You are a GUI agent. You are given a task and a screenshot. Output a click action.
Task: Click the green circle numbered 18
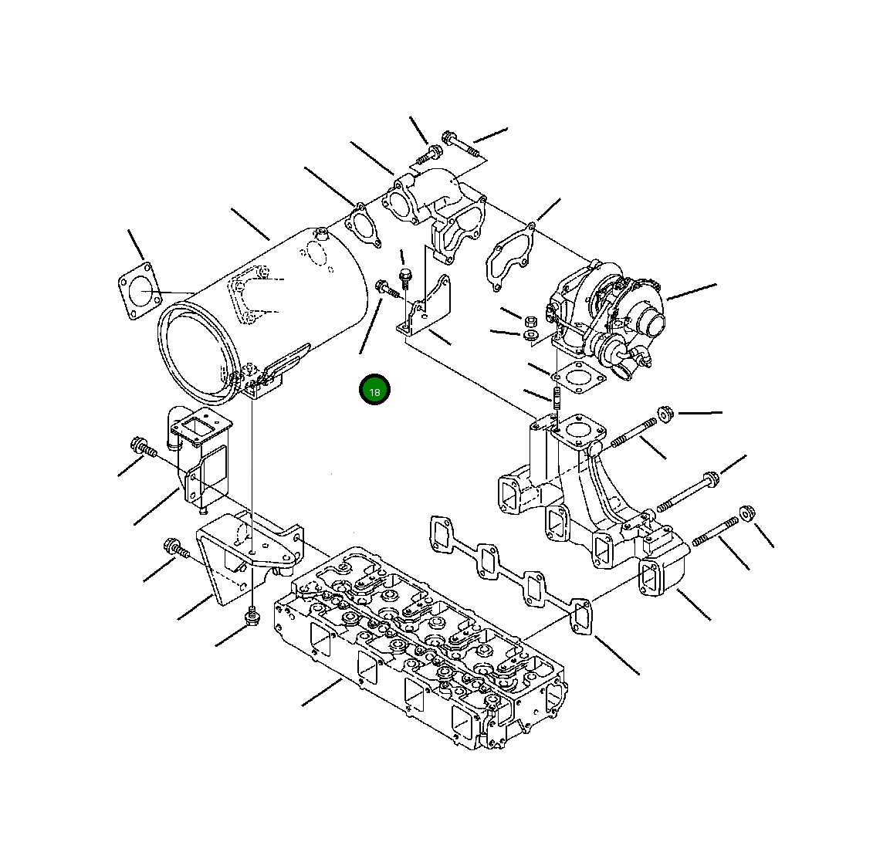tap(374, 391)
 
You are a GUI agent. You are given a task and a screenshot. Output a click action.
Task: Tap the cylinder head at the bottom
tap(420, 647)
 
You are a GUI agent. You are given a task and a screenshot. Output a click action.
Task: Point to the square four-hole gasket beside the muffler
tap(140, 291)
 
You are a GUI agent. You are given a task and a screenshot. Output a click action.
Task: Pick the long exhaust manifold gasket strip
tap(511, 573)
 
